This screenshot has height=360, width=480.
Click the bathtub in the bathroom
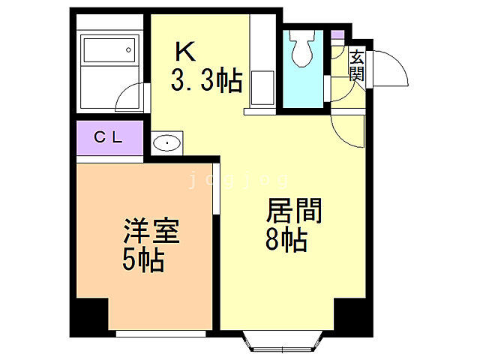109,52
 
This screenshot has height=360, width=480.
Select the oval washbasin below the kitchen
166,142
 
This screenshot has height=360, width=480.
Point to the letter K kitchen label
184,52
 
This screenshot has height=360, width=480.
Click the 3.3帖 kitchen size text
206,80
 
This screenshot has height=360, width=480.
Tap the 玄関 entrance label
356,66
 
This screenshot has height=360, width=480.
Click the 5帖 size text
143,260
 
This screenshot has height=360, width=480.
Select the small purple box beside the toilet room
337,34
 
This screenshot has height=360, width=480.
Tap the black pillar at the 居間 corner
353,316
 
